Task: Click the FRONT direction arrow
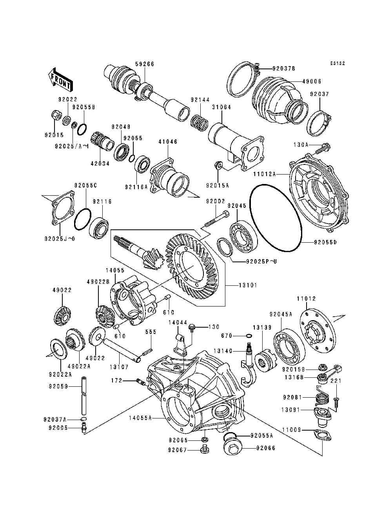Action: tap(60, 79)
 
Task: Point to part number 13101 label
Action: tap(248, 285)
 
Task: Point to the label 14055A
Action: tap(140, 418)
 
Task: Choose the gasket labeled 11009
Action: tap(321, 436)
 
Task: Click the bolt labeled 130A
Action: tap(325, 148)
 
